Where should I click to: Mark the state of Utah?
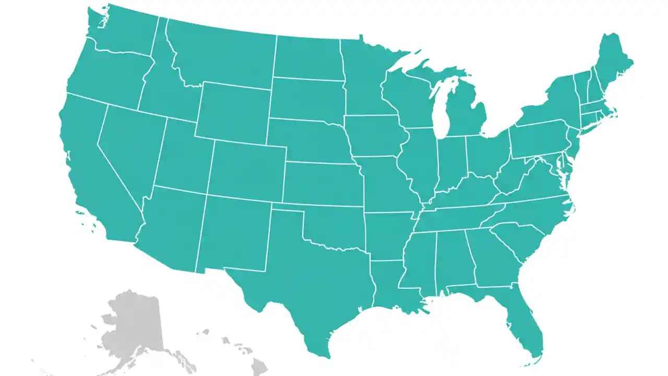click(183, 157)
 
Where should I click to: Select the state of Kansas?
click(321, 183)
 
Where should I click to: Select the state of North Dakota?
click(308, 57)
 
